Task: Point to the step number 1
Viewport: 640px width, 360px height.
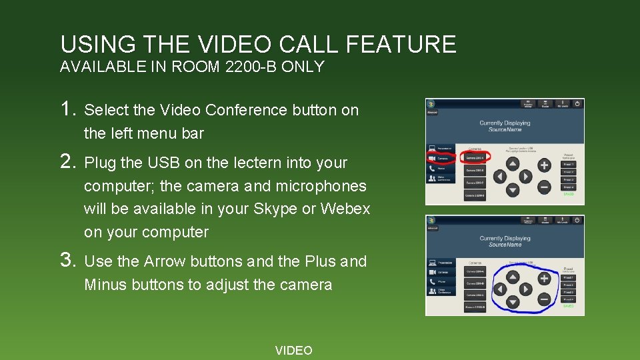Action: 67,109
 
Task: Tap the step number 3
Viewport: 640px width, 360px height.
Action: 67,260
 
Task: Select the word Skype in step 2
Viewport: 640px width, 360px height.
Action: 276,209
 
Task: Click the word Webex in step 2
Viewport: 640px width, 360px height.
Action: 345,209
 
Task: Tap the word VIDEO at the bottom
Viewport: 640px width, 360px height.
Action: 293,351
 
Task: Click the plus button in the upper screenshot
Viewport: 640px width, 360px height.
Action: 544,165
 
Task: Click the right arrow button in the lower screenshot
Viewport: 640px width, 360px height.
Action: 526,289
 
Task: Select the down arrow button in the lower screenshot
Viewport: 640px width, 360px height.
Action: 512,302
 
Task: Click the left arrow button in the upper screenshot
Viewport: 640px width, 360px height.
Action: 499,177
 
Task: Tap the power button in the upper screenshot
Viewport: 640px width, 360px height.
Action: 577,104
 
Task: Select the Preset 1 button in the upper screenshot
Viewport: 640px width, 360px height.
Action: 568,164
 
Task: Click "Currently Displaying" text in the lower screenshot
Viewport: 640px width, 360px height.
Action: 505,238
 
